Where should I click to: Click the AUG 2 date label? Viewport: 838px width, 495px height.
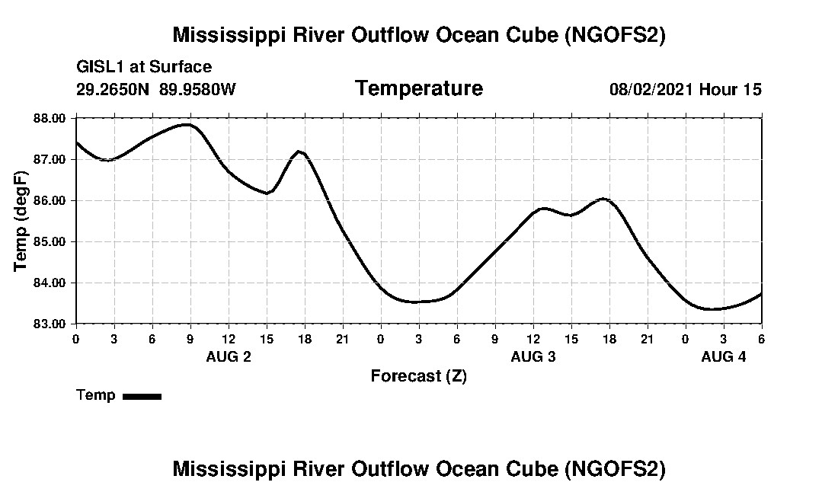point(229,356)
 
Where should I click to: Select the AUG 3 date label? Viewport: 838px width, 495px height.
point(533,356)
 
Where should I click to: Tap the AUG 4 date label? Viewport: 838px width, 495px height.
point(724,356)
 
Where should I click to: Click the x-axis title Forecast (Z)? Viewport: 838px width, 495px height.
point(418,376)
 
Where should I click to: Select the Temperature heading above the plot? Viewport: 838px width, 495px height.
point(418,88)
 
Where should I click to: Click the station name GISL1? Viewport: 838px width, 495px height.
point(101,67)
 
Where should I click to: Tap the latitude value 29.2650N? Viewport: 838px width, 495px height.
point(114,89)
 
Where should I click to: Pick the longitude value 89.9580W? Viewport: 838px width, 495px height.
point(198,89)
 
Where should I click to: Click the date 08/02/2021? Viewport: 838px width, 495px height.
point(651,89)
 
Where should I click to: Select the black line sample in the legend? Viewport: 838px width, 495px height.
point(142,396)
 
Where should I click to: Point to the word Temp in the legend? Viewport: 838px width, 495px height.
point(96,395)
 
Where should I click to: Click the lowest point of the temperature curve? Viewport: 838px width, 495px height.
point(712,309)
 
